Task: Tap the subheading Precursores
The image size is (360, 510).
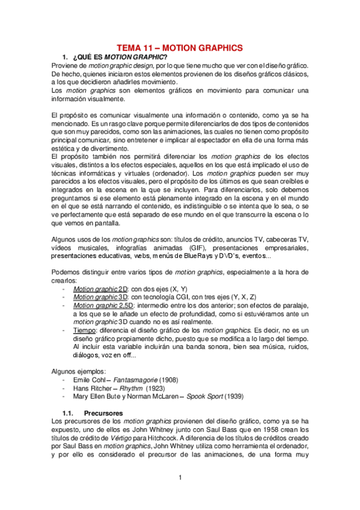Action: click(103, 413)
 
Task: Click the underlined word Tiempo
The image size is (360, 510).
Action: click(85, 331)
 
